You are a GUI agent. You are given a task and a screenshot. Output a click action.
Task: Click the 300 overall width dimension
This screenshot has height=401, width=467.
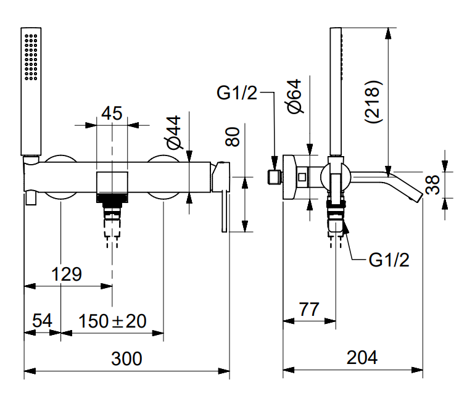click(126, 358)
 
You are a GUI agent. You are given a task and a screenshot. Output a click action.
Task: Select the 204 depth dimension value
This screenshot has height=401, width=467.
click(362, 357)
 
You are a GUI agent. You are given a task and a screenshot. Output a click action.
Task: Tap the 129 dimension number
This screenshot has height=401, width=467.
click(67, 274)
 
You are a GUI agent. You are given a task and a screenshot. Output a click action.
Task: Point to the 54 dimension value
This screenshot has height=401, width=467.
click(41, 321)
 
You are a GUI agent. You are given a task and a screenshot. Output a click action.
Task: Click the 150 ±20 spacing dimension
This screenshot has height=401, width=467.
click(113, 321)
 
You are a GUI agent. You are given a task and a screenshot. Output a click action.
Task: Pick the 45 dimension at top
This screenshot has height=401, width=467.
click(112, 113)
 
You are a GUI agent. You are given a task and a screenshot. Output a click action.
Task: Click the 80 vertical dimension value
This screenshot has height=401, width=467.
click(233, 136)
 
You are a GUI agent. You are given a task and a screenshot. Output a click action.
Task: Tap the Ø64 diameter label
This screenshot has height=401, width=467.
click(294, 97)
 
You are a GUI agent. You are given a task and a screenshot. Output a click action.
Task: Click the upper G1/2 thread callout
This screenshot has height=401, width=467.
click(237, 93)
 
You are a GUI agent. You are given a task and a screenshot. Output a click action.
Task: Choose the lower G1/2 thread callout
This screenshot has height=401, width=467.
click(389, 260)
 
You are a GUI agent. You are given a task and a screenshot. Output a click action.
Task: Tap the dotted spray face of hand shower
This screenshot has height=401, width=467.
click(31, 57)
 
